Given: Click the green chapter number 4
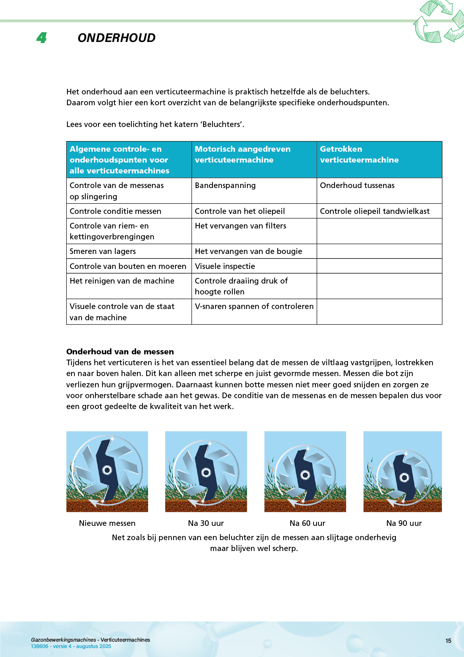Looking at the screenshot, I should point(42,38).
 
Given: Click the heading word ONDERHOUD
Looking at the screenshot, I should point(116,38).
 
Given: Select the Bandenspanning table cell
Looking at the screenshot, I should point(225,185).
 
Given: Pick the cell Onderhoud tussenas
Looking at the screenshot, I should point(357,185).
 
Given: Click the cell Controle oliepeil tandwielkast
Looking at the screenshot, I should point(375,211).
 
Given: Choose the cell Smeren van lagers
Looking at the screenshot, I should point(103,251).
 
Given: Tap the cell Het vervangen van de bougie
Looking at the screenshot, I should point(248,251).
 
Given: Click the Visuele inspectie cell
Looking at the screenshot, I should point(225,266).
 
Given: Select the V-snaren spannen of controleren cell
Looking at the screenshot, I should point(254,306).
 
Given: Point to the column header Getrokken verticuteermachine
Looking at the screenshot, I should point(359,154).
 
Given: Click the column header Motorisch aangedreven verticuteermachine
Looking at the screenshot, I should point(242,154).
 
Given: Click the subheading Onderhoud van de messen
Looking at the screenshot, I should point(120,352).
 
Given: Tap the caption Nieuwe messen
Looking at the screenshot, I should point(107,523).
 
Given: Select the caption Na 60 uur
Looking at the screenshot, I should point(307,523).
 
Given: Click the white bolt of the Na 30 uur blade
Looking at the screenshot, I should point(206,472).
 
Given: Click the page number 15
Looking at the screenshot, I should point(448,641).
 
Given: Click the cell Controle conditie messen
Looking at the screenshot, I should point(115,211).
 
